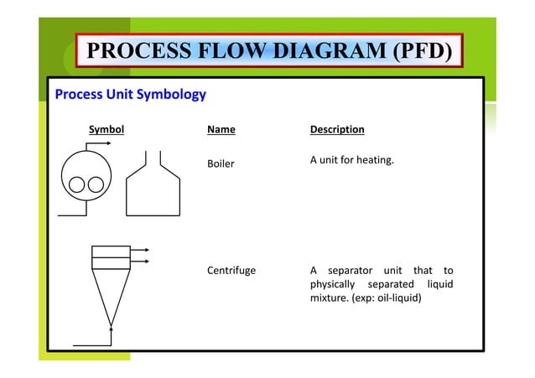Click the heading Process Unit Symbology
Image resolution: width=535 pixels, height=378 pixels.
pyautogui.click(x=130, y=94)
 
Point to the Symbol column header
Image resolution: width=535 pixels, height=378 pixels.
pyautogui.click(x=106, y=130)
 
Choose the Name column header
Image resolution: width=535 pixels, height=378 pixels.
pyautogui.click(x=221, y=130)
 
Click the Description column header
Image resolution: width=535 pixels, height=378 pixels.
pyautogui.click(x=337, y=130)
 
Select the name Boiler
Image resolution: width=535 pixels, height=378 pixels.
pyautogui.click(x=221, y=163)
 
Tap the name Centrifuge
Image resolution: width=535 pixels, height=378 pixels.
pyautogui.click(x=231, y=271)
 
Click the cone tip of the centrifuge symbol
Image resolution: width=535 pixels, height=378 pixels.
pyautogui.click(x=110, y=323)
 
